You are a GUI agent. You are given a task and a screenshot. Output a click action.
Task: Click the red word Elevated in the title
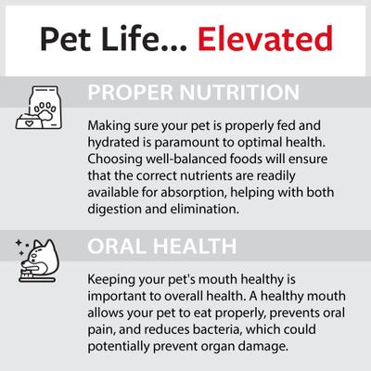(265, 39)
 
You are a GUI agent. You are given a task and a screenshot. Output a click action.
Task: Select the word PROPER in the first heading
(130, 93)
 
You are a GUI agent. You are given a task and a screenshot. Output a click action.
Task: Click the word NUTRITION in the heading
(239, 93)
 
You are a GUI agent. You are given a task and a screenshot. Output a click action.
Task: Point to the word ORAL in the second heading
(117, 246)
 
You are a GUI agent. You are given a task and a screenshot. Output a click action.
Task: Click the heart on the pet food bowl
(29, 123)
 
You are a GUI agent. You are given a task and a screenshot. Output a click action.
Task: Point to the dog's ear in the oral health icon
(38, 244)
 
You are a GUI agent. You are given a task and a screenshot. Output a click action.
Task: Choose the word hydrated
(113, 143)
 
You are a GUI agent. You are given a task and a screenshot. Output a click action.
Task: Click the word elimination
(205, 209)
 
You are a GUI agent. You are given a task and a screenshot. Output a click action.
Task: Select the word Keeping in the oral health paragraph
(111, 280)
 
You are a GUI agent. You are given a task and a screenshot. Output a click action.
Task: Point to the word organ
(218, 347)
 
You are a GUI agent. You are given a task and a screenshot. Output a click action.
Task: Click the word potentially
(119, 346)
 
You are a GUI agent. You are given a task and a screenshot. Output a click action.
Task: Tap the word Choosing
(115, 160)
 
